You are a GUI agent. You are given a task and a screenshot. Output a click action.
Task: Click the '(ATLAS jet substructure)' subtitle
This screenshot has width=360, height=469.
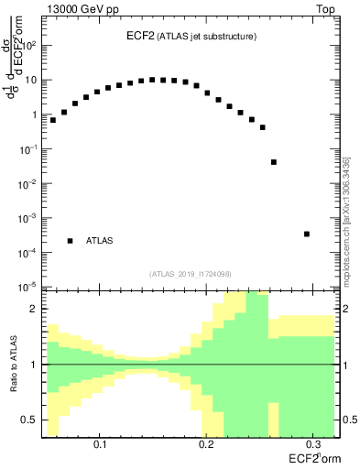pyautogui.click(x=205, y=37)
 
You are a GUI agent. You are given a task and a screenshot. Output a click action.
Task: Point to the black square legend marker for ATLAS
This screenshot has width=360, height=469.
pyautogui.click(x=71, y=241)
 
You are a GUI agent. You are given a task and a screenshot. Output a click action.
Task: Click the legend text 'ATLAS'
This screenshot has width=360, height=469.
pyautogui.click(x=100, y=241)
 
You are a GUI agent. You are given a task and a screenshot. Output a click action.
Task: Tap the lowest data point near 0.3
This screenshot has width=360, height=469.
pyautogui.click(x=307, y=234)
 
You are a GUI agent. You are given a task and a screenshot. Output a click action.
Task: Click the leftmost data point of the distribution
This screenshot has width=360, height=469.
pyautogui.click(x=53, y=120)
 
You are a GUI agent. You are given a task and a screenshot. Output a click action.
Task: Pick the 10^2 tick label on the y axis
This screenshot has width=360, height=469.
pyautogui.click(x=29, y=45)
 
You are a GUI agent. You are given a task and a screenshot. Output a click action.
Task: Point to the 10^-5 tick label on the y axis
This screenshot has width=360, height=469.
pyautogui.click(x=29, y=287)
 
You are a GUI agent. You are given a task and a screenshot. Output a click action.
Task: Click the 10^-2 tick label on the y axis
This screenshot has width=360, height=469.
pyautogui.click(x=29, y=183)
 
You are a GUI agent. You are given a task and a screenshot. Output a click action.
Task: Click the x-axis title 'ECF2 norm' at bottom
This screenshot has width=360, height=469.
pyautogui.click(x=311, y=458)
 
